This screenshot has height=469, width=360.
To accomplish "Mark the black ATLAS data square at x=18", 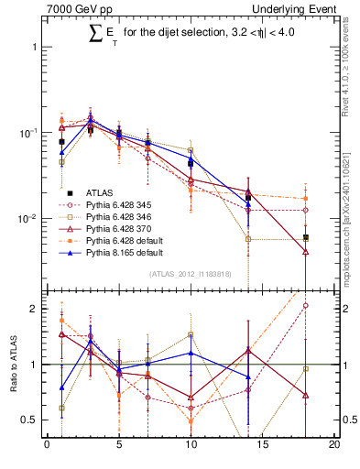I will [306, 237].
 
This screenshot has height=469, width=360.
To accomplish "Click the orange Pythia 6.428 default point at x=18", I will [306, 199].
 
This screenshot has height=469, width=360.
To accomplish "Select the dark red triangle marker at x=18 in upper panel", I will [306, 251].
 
